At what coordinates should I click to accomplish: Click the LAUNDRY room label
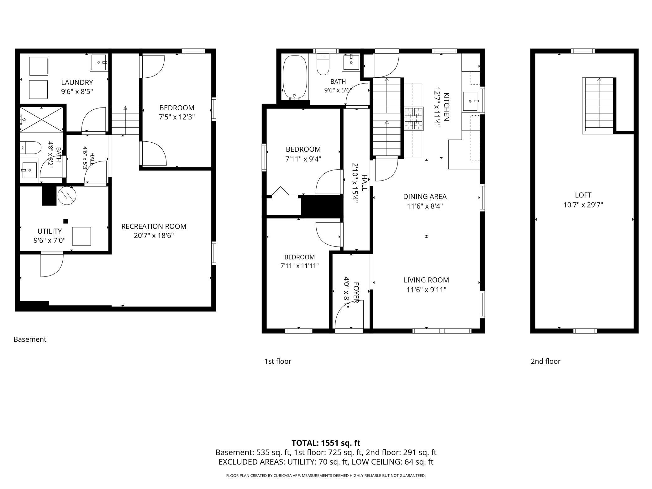pos(77,82)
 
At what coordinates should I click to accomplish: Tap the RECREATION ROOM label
pos(154,226)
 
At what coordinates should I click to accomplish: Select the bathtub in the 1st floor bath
pos(295,78)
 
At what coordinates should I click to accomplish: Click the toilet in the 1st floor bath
pos(323,64)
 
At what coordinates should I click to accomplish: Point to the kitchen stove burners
pos(414,118)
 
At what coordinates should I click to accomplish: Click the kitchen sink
pos(470,101)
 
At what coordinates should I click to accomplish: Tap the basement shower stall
pos(42,119)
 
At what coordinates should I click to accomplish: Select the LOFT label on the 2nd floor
pos(583,195)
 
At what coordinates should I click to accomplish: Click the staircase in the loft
pos(598,106)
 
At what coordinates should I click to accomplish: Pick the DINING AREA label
pos(425,197)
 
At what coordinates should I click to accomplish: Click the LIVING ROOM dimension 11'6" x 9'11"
pos(426,290)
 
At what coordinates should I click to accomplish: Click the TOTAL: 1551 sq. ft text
pos(326,443)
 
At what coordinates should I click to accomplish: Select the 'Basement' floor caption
pos(30,339)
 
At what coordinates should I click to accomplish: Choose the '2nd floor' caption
pos(545,361)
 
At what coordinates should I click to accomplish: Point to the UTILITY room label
pos(50,231)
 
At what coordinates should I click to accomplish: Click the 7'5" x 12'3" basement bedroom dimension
pos(177,117)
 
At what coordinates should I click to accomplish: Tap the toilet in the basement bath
pos(31,148)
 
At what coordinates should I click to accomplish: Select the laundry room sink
pos(99,62)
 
